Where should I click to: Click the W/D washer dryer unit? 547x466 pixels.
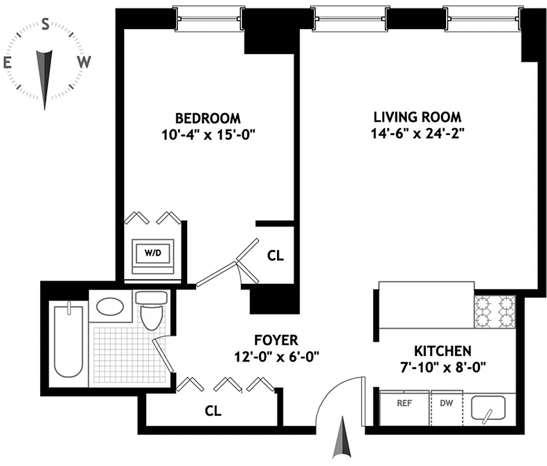[x=153, y=255]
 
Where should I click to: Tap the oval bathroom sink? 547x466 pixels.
[x=110, y=306]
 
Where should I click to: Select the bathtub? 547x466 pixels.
[x=68, y=340]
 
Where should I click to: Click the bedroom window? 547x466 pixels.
[x=209, y=17]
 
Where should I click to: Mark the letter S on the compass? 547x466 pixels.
[x=45, y=24]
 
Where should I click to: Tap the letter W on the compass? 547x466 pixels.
[x=85, y=62]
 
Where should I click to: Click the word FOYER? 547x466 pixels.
[x=276, y=340]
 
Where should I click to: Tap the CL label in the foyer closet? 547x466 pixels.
[x=213, y=411]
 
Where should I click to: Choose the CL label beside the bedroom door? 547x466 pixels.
[x=275, y=256]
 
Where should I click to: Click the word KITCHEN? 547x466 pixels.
[x=442, y=351]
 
